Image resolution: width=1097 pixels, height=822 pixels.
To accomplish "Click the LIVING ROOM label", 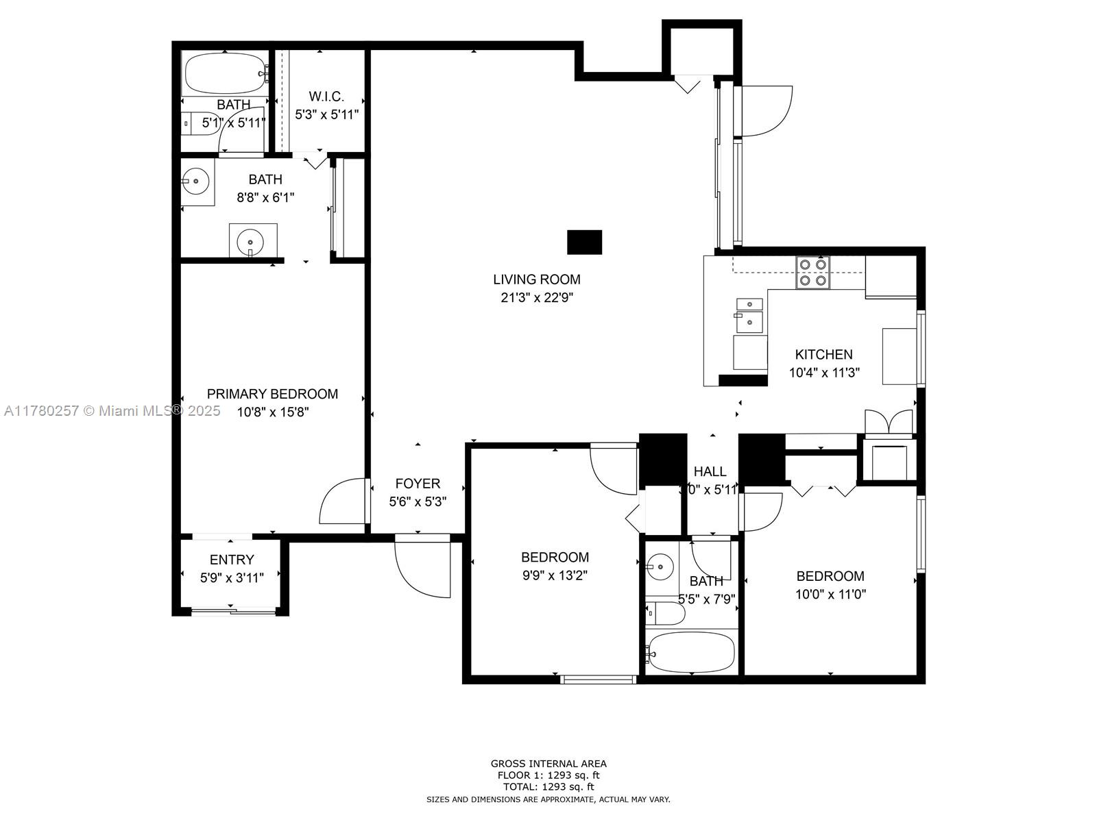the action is pos(536,279).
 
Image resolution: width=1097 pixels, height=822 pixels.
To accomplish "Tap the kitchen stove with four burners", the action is pos(812,273).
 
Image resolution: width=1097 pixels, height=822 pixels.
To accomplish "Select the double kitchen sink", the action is pos(749,315).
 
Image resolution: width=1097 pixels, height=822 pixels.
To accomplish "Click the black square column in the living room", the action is pos(584,242).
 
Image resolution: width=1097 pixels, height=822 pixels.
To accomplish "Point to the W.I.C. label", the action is pos(326,97).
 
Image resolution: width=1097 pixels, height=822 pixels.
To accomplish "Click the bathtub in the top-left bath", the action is pos(225,73).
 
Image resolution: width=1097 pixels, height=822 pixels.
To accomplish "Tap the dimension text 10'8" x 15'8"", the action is pos(272,412).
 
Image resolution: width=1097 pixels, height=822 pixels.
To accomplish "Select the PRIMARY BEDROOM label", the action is pos(272,394).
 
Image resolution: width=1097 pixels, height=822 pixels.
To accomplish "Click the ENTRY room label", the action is pos(232,560).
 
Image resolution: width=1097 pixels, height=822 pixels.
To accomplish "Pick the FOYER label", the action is pos(418,483).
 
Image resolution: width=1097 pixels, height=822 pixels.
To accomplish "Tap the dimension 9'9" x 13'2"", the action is pos(555,575).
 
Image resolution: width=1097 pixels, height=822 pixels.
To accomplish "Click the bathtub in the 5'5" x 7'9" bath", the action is pos(690,652).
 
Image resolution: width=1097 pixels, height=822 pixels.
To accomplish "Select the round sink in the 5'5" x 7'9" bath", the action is pos(660,567).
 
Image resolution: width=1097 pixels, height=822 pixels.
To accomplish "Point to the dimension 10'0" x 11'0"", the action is pos(830,595).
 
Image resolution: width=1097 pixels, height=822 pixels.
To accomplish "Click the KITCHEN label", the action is pos(823,354).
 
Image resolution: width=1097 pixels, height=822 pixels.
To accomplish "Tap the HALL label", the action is pos(710,471).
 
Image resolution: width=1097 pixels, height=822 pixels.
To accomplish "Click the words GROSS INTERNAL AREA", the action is pos(548,764).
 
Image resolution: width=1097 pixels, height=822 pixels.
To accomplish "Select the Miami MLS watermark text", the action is pos(112,411).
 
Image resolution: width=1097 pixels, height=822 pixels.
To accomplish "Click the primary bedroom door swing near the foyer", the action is pos(342,501).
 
